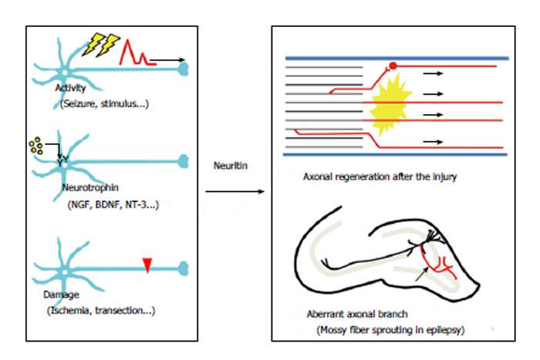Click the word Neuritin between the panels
tap(231, 166)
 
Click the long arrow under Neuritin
tap(235, 191)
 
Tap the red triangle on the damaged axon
tap(147, 265)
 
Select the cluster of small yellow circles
tap(36, 146)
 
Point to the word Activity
tap(71, 88)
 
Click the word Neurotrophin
tap(90, 187)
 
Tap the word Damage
tap(61, 294)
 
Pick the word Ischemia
tap(70, 311)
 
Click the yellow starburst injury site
tap(390, 105)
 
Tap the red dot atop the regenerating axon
tap(393, 66)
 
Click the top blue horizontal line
tap(397, 58)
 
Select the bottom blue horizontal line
tap(395, 154)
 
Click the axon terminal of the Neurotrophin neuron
tap(184, 161)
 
